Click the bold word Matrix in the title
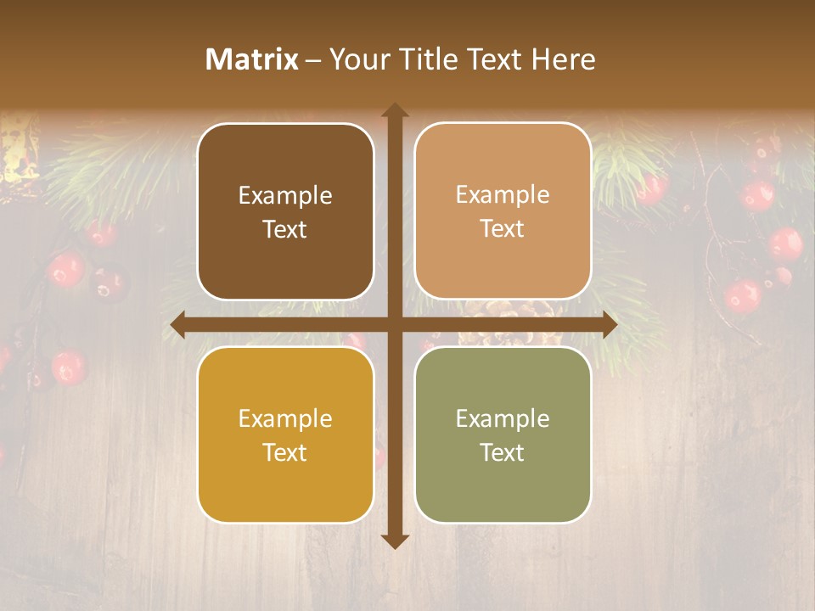click(252, 59)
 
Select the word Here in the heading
click(564, 59)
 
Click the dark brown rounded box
click(285, 211)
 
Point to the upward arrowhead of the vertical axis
click(395, 110)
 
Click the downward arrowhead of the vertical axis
click(395, 541)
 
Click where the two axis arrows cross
click(395, 325)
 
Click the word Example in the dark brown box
click(285, 196)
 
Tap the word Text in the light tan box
click(503, 229)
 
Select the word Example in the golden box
click(285, 419)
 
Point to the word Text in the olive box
click(503, 452)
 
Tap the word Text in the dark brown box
click(285, 230)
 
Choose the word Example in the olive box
click(503, 419)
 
